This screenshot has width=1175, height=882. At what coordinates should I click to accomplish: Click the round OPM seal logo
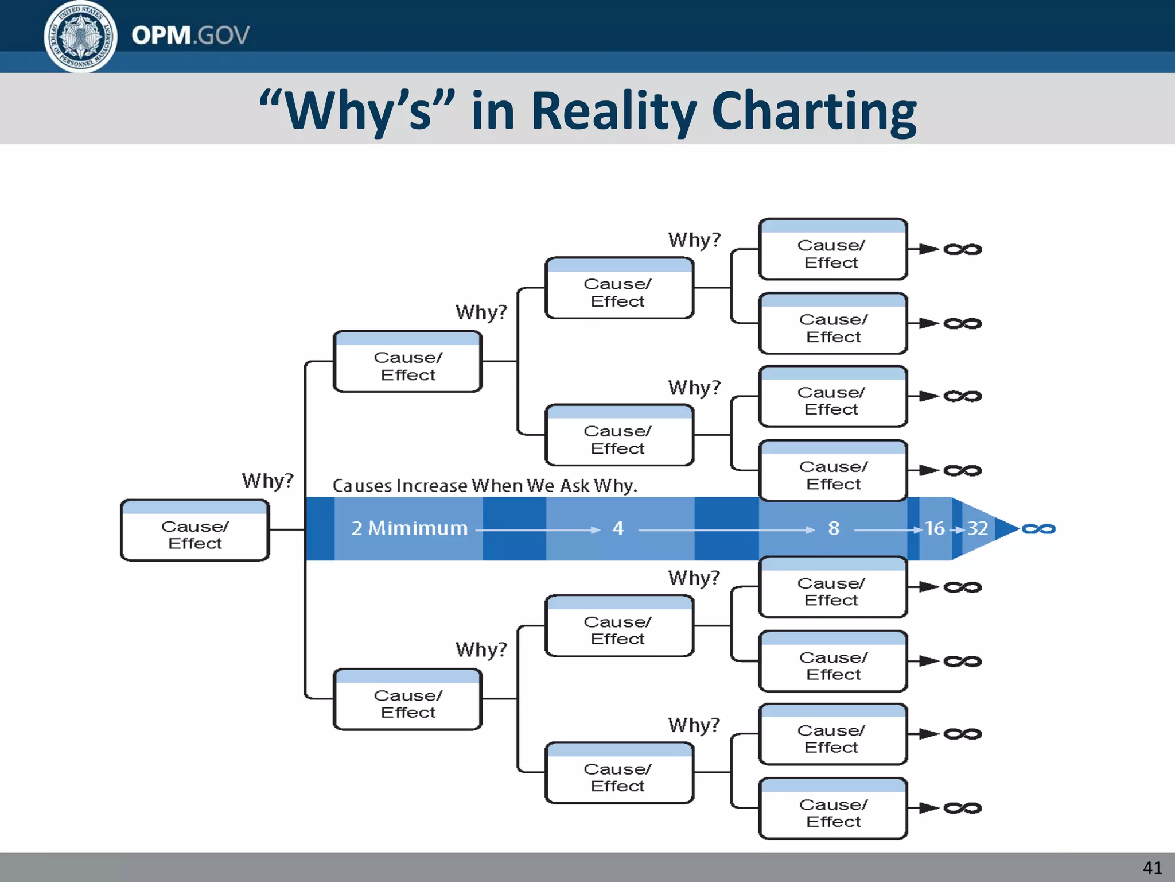click(x=80, y=36)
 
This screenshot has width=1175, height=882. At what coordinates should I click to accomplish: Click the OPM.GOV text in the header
click(x=190, y=36)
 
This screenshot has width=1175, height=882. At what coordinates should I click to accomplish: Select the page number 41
click(x=1152, y=867)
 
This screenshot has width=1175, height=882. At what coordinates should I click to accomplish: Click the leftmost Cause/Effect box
click(x=195, y=531)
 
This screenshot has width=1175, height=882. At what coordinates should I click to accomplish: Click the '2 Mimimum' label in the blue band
click(x=409, y=528)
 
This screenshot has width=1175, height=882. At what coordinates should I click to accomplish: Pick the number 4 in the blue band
click(x=617, y=528)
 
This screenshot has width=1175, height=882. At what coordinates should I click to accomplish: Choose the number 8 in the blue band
click(x=834, y=528)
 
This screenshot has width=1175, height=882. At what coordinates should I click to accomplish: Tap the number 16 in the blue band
click(x=935, y=528)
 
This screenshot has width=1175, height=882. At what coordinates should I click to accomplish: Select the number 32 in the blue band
click(x=977, y=528)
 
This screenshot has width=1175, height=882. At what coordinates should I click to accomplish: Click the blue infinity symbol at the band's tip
click(x=1038, y=529)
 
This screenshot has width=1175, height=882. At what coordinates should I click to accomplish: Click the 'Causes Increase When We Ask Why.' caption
click(x=485, y=486)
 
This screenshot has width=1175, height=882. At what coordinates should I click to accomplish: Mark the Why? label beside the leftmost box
click(x=267, y=480)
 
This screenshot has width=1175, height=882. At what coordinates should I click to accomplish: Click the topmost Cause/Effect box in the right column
click(x=832, y=250)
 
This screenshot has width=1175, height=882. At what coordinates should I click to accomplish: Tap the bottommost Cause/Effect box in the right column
click(x=832, y=808)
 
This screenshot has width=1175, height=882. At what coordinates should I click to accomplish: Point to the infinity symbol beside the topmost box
click(x=963, y=249)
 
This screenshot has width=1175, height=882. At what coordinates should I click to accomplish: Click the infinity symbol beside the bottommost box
click(x=963, y=808)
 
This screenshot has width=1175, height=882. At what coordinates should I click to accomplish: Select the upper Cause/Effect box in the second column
click(x=407, y=362)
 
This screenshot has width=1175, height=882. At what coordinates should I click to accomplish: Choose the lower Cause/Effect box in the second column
click(x=407, y=699)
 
